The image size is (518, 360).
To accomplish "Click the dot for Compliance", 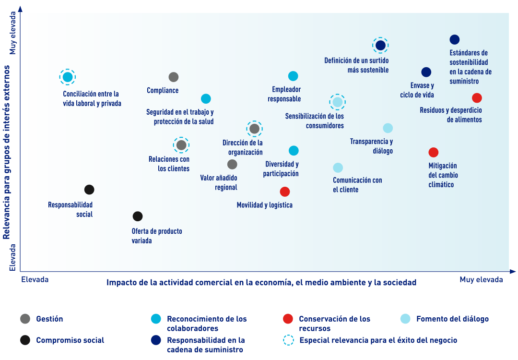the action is pyautogui.click(x=174, y=77).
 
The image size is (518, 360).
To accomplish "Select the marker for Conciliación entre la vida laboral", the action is pyautogui.click(x=68, y=77).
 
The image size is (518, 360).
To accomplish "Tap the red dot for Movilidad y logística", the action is pyautogui.click(x=285, y=192).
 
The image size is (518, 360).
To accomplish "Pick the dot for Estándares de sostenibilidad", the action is pyautogui.click(x=455, y=40).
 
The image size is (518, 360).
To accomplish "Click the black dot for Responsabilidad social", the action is pyautogui.click(x=89, y=190).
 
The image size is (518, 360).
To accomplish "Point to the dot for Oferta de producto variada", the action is pyautogui.click(x=138, y=216).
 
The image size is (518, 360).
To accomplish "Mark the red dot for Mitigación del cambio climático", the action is pyautogui.click(x=434, y=152).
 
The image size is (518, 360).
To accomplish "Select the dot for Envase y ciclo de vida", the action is pyautogui.click(x=426, y=72).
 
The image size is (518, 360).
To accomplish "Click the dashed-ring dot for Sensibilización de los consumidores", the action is pyautogui.click(x=337, y=102).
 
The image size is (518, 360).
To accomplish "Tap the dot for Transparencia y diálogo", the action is pyautogui.click(x=388, y=128).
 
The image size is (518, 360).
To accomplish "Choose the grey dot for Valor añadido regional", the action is pyautogui.click(x=232, y=164).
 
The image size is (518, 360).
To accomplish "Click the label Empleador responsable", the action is pyautogui.click(x=284, y=94).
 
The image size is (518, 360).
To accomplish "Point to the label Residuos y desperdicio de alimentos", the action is pyautogui.click(x=451, y=115).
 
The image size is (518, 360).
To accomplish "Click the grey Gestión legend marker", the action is pyautogui.click(x=25, y=319).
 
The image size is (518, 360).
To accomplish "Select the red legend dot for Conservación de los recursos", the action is pyautogui.click(x=288, y=319).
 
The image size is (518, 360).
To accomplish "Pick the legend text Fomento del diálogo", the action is pyautogui.click(x=453, y=319).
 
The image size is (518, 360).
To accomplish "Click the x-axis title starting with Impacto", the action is pyautogui.click(x=261, y=282).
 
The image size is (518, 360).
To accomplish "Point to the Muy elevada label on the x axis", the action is pyautogui.click(x=482, y=280).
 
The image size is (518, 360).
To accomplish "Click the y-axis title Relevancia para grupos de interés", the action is pyautogui.click(x=6, y=152).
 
